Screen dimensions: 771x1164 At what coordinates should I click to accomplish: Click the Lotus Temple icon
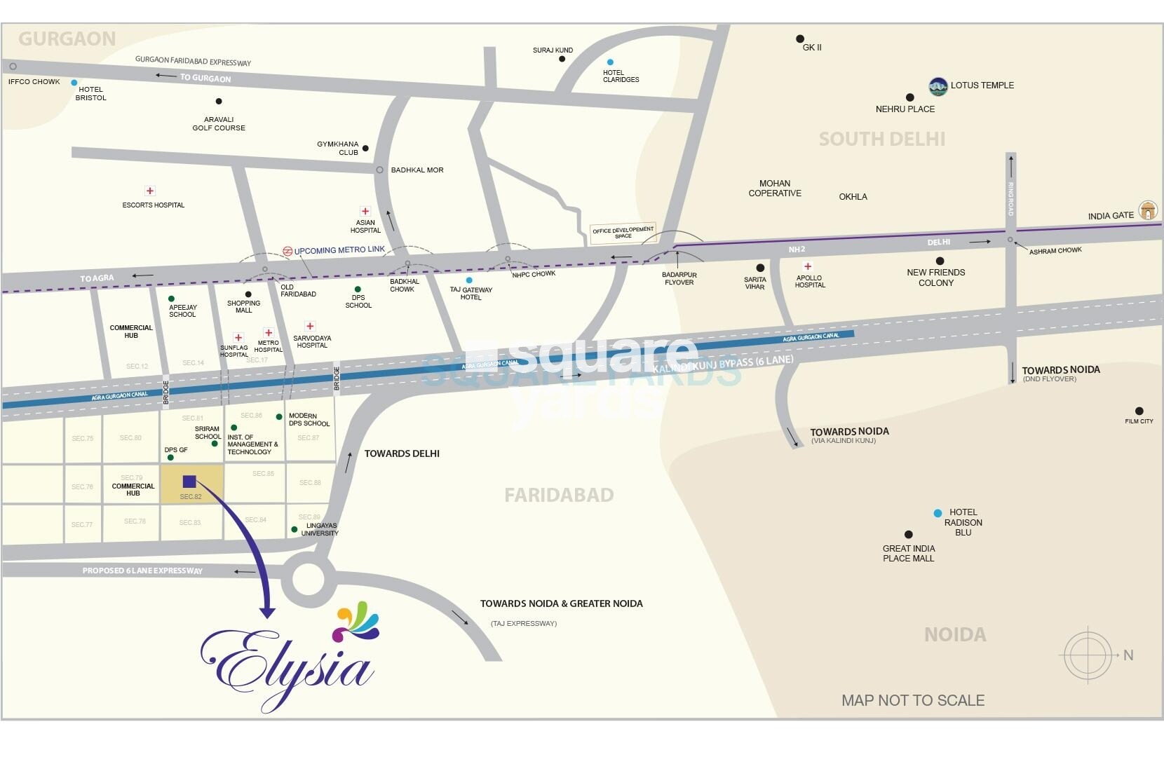tap(938, 86)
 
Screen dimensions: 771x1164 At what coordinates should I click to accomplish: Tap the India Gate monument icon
tap(1148, 210)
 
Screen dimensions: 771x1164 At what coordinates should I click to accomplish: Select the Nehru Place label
tap(905, 109)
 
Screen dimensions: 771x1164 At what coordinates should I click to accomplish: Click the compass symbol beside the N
tap(1088, 655)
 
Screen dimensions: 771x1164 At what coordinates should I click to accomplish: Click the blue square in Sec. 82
tap(189, 482)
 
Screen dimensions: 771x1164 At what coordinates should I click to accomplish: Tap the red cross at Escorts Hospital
tap(149, 191)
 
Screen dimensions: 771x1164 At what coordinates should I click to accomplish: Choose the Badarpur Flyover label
tap(679, 279)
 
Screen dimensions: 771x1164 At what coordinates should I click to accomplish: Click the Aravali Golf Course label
tap(219, 124)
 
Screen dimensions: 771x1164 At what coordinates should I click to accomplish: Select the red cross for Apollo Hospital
tap(808, 266)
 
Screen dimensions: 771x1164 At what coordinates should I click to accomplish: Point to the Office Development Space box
tap(623, 233)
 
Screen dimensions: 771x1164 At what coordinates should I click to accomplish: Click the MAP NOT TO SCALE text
tap(912, 700)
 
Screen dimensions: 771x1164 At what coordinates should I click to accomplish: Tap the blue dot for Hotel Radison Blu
tap(938, 513)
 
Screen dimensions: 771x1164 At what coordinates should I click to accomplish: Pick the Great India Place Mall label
tap(908, 554)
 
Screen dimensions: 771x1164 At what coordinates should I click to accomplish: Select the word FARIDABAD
tap(559, 495)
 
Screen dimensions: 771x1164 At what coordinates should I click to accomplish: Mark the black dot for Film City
tap(1139, 411)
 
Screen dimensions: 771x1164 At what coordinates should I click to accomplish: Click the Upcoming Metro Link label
tap(339, 250)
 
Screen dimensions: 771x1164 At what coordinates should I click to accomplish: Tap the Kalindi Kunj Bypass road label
tap(723, 364)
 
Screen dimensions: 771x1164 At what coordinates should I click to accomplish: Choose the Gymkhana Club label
tap(338, 148)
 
